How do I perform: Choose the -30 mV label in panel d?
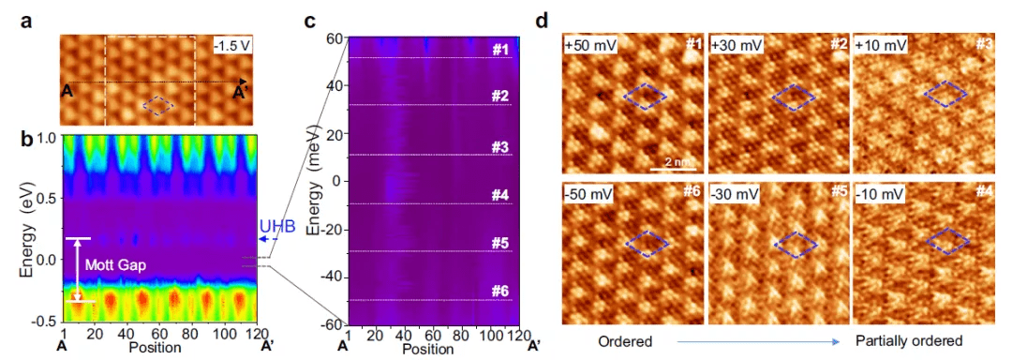pyautogui.click(x=730, y=194)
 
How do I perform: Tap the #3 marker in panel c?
pyautogui.click(x=500, y=146)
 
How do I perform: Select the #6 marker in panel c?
pyautogui.click(x=500, y=291)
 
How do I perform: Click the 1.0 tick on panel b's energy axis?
pyautogui.click(x=48, y=139)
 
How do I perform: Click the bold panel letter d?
pyautogui.click(x=543, y=21)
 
